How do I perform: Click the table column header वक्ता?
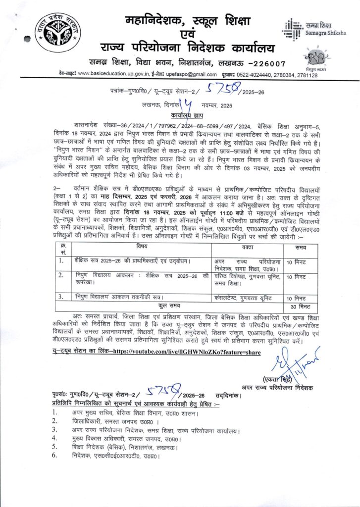coord(247,247)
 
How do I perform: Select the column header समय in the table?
coord(300,247)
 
